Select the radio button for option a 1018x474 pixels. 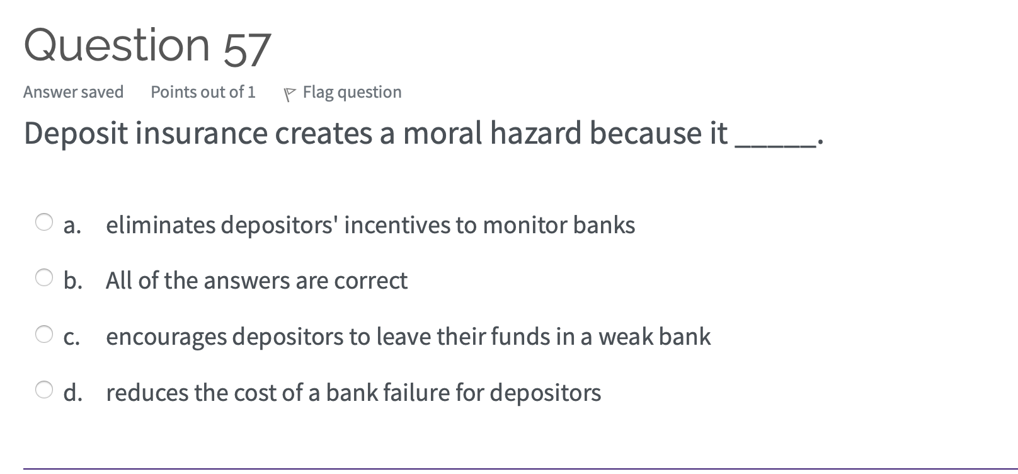pyautogui.click(x=44, y=222)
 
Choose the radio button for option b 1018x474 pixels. pyautogui.click(x=44, y=277)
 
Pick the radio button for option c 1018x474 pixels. pyautogui.click(x=44, y=334)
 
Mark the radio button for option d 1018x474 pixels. pyautogui.click(x=44, y=390)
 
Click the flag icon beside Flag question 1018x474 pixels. pyautogui.click(x=290, y=94)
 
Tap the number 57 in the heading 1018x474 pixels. pyautogui.click(x=247, y=50)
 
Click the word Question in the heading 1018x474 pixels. pyautogui.click(x=117, y=45)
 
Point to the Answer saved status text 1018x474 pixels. pyautogui.click(x=73, y=92)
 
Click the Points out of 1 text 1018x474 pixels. pyautogui.click(x=203, y=92)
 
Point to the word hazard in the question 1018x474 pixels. pyautogui.click(x=535, y=133)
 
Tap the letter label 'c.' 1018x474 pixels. pyautogui.click(x=72, y=337)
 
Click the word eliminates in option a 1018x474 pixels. pyautogui.click(x=161, y=225)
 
